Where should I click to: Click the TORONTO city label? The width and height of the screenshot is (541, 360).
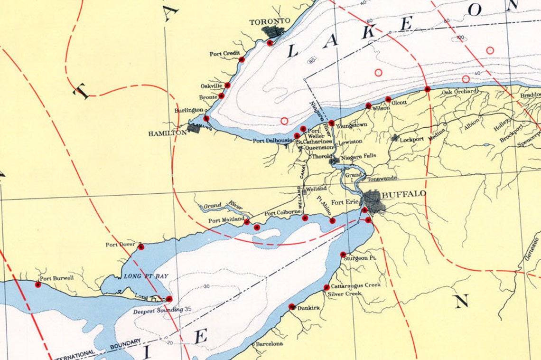(270, 21)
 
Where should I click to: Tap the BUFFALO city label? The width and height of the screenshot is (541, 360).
(404, 194)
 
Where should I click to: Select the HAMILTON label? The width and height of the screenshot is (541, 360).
(168, 133)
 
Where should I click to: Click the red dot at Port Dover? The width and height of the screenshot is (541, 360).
(141, 247)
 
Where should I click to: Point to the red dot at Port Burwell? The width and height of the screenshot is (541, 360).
(38, 284)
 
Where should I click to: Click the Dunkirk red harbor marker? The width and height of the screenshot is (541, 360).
(291, 306)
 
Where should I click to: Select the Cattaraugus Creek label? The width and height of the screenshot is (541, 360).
(355, 285)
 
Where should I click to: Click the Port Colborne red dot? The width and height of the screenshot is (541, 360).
(305, 218)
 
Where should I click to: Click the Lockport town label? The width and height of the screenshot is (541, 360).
(411, 140)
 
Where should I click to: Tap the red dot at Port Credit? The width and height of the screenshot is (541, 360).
(242, 59)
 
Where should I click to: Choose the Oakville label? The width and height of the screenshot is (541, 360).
(211, 86)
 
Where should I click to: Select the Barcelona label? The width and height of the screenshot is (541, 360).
(269, 343)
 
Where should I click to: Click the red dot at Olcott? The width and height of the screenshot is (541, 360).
(388, 99)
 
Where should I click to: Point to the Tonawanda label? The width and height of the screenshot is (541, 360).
(382, 179)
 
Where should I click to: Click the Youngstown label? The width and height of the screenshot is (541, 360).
(352, 125)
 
